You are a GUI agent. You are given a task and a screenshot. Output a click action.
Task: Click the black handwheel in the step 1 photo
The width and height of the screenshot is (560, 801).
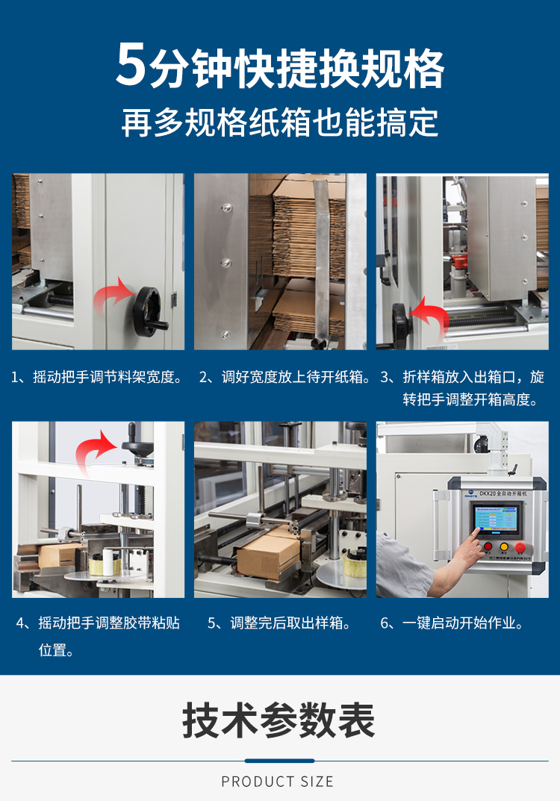(152, 309)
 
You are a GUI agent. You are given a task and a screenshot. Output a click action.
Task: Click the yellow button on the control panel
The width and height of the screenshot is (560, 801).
(504, 546)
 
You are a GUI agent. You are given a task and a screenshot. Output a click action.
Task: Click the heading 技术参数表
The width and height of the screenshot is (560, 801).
(279, 720)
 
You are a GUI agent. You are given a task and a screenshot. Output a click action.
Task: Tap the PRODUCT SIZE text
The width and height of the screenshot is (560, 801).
(278, 782)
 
